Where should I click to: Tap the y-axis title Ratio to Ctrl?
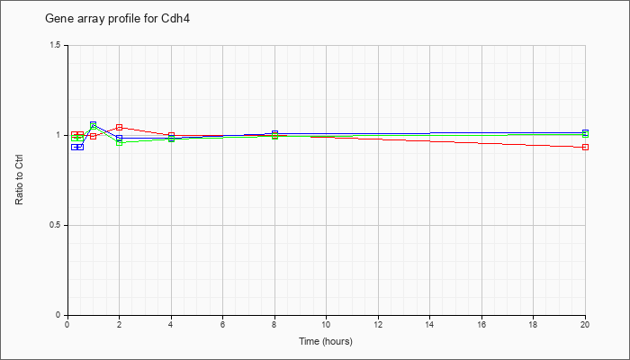coord(19,180)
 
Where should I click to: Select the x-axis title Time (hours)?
coord(326,341)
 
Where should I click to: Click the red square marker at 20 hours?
coord(585,147)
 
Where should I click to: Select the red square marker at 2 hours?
coord(120,128)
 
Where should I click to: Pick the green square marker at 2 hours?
coord(120,142)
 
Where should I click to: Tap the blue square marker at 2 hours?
coord(120,139)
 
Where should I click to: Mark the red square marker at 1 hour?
coord(94,136)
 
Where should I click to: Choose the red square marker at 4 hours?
coord(172,135)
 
